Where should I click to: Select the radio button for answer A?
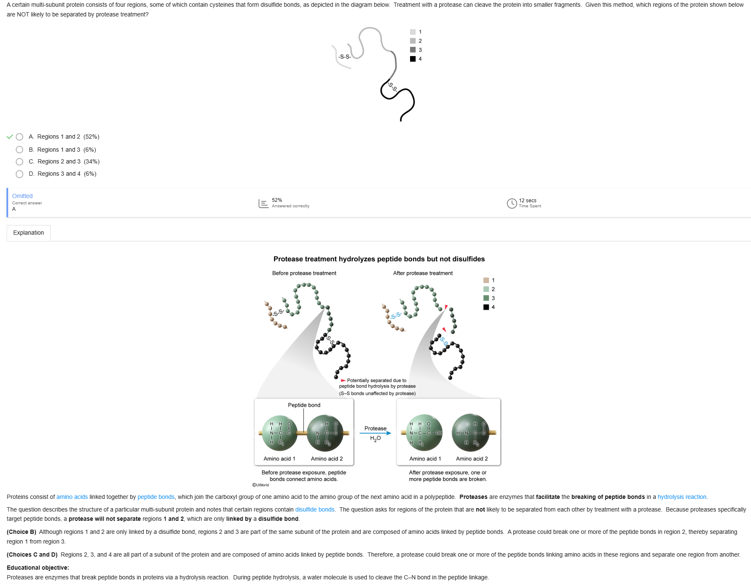point(19,137)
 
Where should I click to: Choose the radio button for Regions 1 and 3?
point(19,150)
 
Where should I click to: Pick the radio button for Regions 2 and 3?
point(19,162)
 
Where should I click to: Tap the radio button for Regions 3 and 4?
point(19,174)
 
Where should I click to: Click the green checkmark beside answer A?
point(10,137)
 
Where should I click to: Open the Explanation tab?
point(29,233)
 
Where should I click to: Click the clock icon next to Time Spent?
point(512,204)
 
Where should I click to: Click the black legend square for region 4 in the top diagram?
point(413,59)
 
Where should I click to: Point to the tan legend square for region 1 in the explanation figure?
point(486,280)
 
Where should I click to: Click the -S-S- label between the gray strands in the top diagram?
point(345,56)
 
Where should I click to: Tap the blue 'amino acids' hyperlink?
point(72,497)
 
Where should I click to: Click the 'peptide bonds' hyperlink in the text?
point(156,497)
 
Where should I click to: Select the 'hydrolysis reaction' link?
point(682,497)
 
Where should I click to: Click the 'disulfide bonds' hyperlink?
point(315,510)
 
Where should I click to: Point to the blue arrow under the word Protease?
point(375,433)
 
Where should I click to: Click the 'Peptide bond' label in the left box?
point(304,405)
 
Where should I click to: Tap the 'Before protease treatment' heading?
point(304,273)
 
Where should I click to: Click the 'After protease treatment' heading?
point(423,273)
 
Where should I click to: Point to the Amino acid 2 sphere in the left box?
point(325,433)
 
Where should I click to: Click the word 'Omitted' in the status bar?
point(22,196)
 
